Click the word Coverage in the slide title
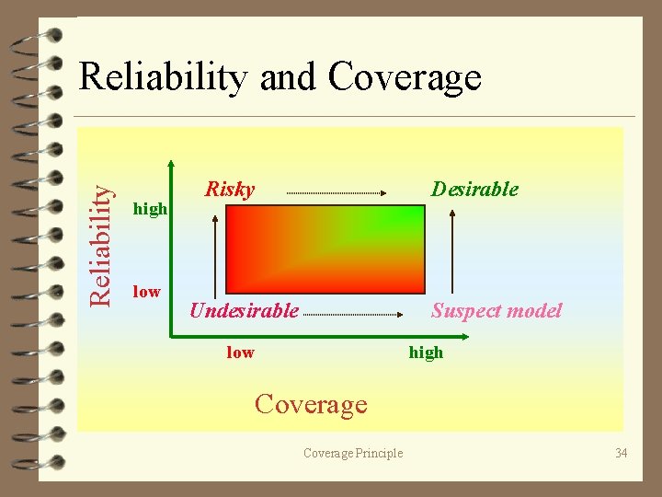(x=405, y=77)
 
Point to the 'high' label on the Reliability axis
(x=151, y=209)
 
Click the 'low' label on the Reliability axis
(x=146, y=292)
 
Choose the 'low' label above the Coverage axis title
(x=240, y=353)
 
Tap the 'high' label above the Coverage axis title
(x=426, y=353)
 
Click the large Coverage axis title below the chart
(x=311, y=404)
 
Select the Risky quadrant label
(x=229, y=190)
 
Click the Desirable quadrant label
(x=475, y=190)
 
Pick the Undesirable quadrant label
(x=244, y=311)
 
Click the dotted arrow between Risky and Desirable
(x=336, y=192)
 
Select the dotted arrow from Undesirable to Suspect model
(x=353, y=315)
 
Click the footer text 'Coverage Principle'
(x=353, y=452)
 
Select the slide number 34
(x=622, y=452)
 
